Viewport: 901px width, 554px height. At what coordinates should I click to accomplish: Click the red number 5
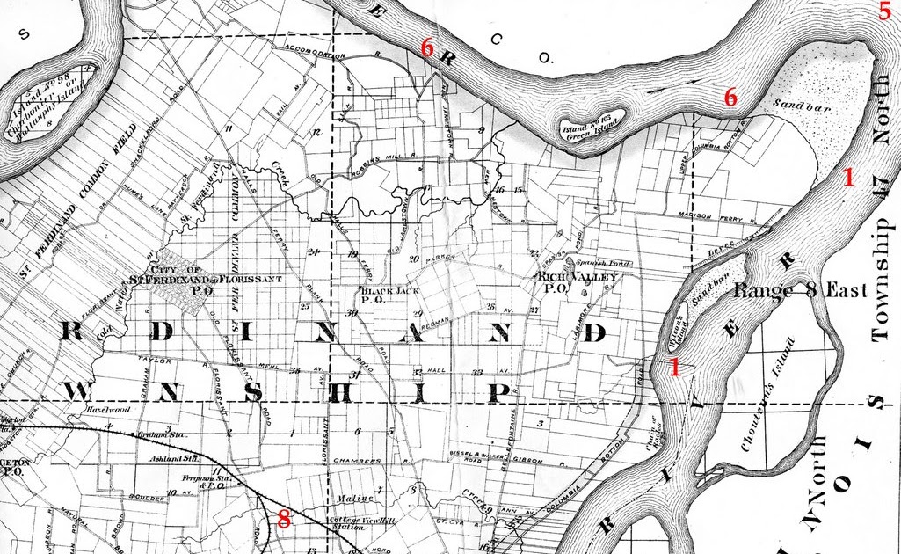[x=885, y=12]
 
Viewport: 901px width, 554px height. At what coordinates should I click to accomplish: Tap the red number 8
[x=283, y=520]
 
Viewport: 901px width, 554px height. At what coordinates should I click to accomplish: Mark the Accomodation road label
[x=314, y=55]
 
